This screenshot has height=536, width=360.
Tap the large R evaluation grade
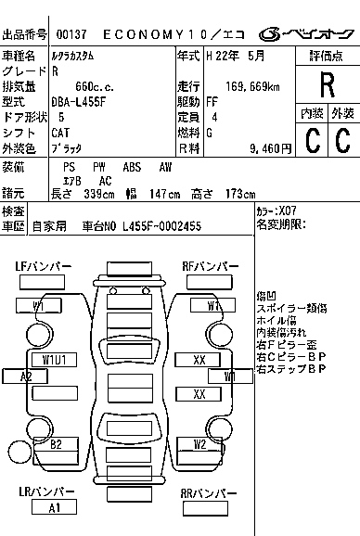(x=327, y=84)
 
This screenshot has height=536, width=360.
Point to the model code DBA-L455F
(x=84, y=101)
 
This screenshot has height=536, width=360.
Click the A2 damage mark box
(x=27, y=376)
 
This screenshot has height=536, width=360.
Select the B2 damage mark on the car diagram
(x=56, y=444)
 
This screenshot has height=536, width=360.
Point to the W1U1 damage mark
(x=54, y=359)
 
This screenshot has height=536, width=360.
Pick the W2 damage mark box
(x=199, y=444)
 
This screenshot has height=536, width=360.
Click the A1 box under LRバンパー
(x=54, y=507)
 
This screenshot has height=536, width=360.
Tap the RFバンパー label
(x=207, y=267)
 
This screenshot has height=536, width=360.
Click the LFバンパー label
(x=43, y=267)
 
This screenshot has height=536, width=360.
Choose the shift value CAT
(x=65, y=132)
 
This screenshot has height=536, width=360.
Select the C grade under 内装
(x=312, y=141)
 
